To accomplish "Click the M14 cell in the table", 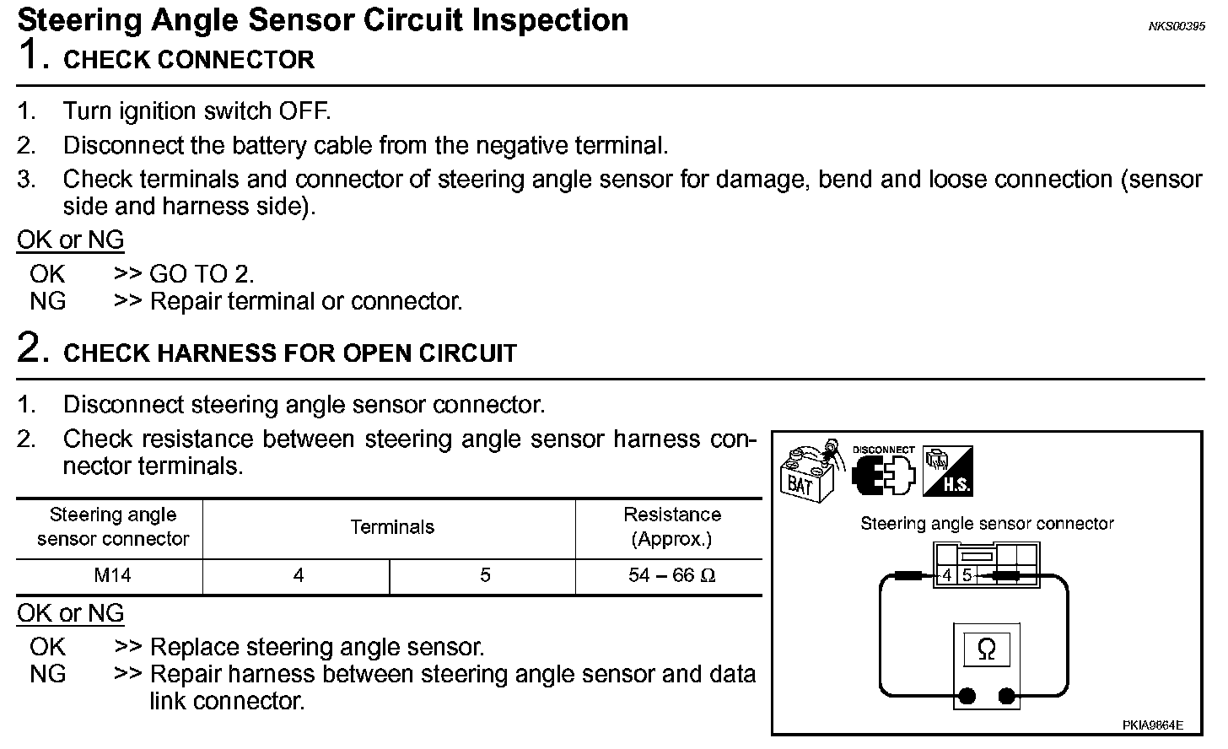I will click(x=112, y=576).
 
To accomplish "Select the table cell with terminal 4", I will click(x=298, y=576).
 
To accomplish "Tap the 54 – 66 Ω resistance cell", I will click(x=671, y=576).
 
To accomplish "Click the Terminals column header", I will click(x=391, y=528).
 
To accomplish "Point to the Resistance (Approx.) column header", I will click(x=671, y=527).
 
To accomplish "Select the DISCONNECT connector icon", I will click(x=883, y=472).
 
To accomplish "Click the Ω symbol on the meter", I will click(x=986, y=649).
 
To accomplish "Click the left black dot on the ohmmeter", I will click(x=967, y=696).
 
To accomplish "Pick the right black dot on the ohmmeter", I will click(x=1006, y=696).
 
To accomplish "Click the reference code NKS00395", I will click(x=1176, y=27).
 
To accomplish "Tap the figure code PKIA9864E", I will click(x=1152, y=725).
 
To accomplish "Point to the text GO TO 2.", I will click(x=202, y=274).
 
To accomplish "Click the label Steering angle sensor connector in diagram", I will click(x=987, y=524).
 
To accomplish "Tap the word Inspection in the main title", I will click(x=550, y=20).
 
